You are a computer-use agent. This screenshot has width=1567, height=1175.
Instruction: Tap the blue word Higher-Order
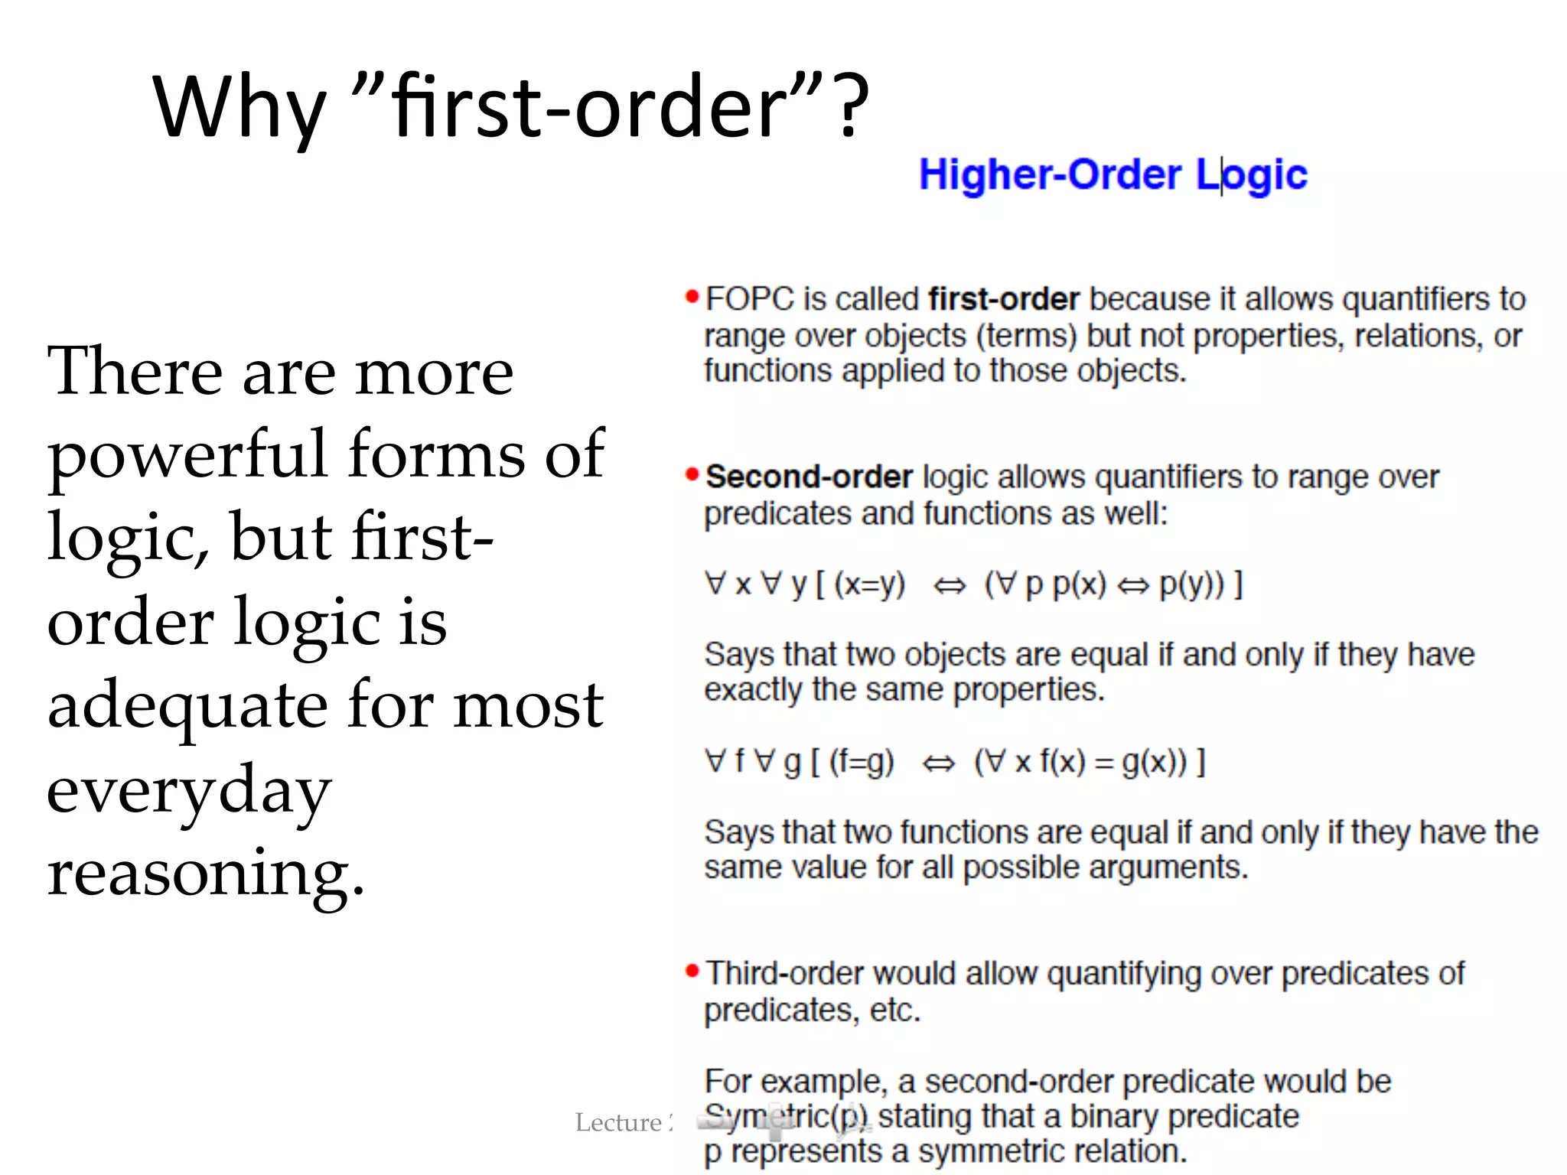tap(1050, 174)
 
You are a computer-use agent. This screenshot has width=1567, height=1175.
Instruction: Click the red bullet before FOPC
tap(692, 297)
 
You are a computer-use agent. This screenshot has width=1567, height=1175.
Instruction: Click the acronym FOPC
tap(750, 299)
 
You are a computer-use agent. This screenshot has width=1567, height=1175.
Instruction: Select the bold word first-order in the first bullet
tap(1004, 299)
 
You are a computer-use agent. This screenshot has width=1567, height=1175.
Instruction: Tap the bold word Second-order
tap(809, 477)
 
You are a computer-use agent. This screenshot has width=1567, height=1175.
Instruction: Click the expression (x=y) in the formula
tap(869, 584)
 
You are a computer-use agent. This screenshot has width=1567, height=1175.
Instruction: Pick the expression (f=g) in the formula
tap(862, 762)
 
